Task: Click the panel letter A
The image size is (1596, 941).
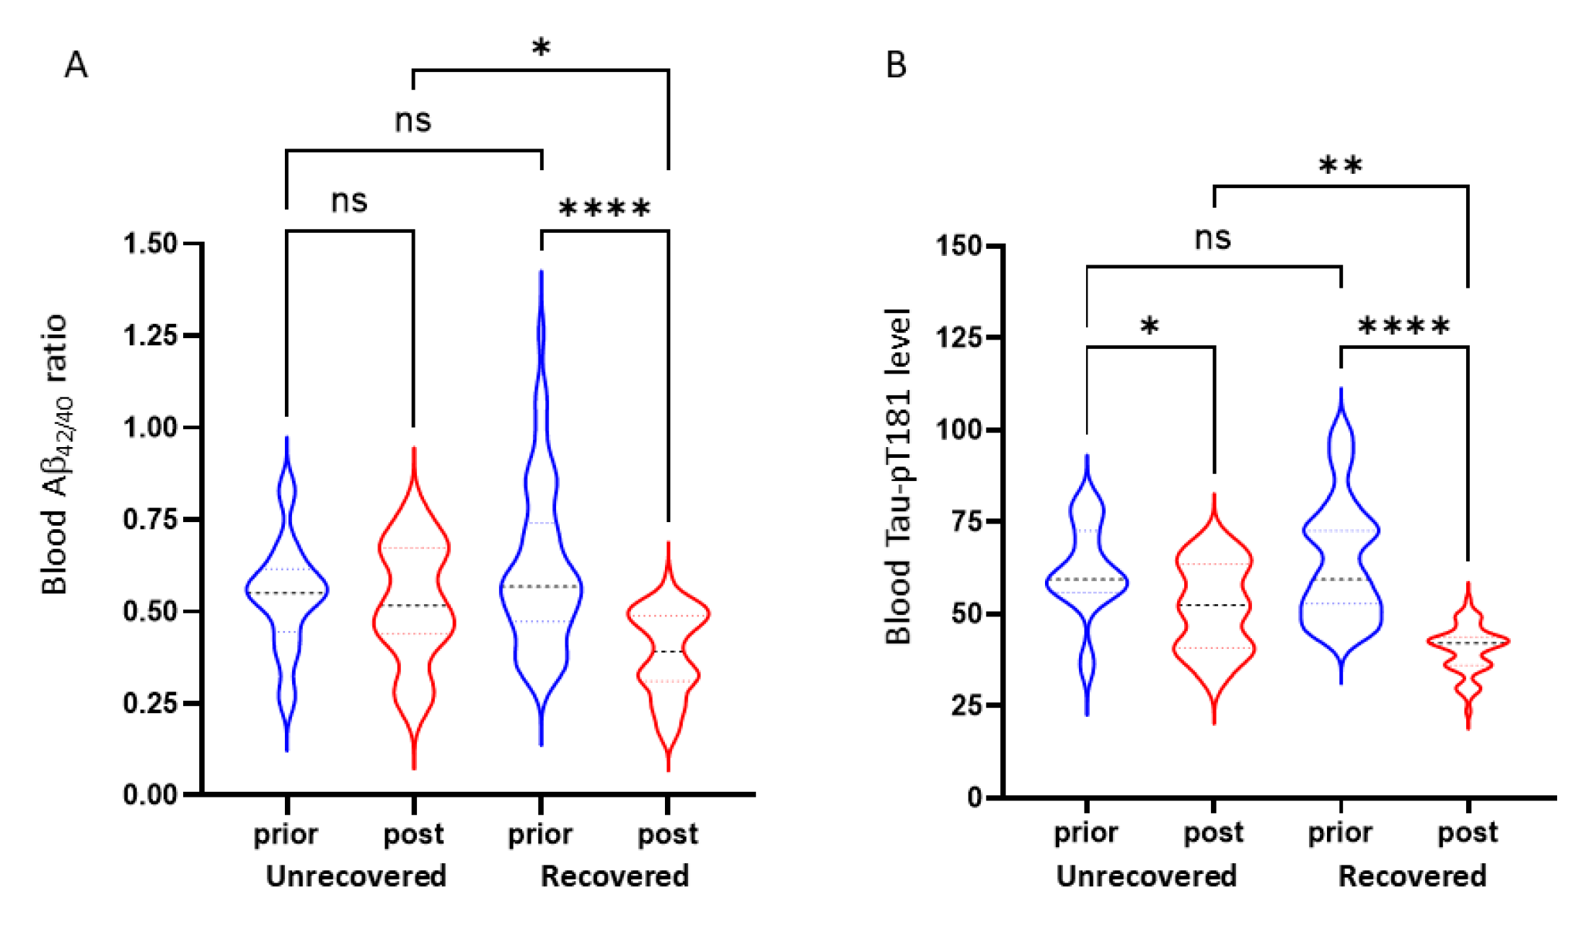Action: tap(76, 66)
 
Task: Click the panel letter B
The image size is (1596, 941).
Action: tap(896, 66)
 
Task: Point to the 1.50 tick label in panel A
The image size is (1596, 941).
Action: tap(150, 244)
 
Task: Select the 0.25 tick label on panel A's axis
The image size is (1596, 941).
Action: tap(150, 703)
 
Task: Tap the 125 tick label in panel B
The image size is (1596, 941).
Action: tap(958, 337)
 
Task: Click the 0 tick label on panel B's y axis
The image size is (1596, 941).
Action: tap(974, 798)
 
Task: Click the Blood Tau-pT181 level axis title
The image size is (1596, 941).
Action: tap(899, 476)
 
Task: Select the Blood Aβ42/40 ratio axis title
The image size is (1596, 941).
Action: tap(56, 454)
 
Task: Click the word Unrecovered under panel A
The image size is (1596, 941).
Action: tap(356, 877)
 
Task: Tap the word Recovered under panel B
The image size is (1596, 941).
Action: tap(1412, 877)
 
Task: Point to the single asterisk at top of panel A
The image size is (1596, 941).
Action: tap(541, 49)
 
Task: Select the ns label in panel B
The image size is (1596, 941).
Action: tap(1212, 238)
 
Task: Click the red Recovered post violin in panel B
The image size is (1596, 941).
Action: tap(1468, 642)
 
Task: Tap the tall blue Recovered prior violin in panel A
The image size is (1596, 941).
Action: tap(541, 577)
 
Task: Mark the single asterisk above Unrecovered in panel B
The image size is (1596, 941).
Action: tap(1150, 326)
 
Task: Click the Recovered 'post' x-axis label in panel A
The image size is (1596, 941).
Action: tap(668, 834)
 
